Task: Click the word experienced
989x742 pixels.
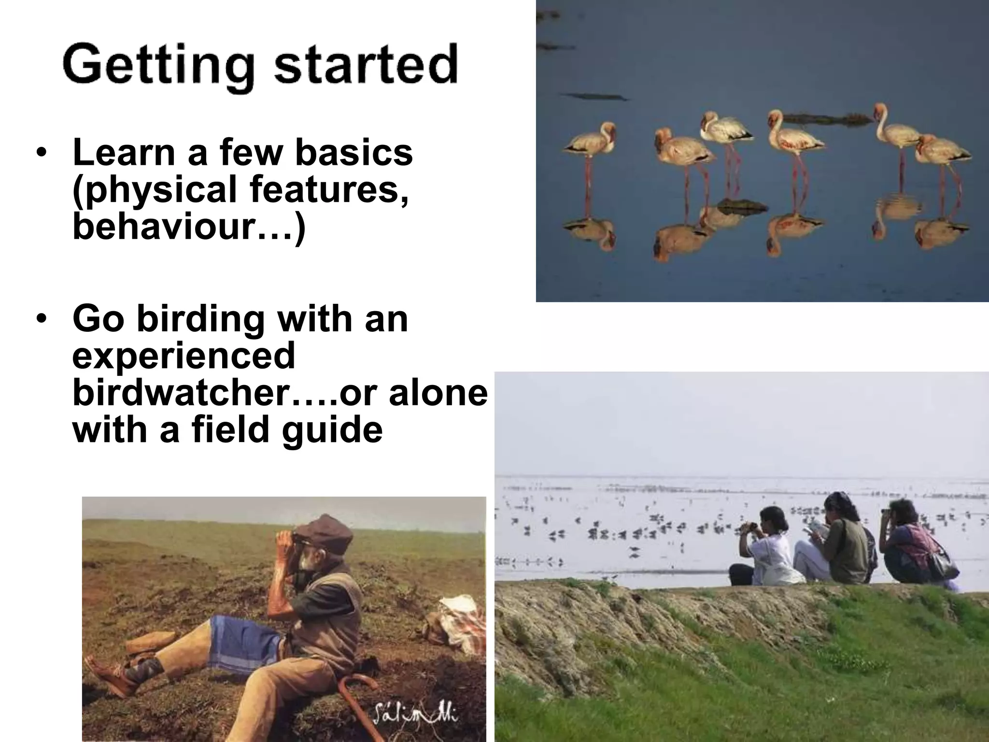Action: pos(184,357)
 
